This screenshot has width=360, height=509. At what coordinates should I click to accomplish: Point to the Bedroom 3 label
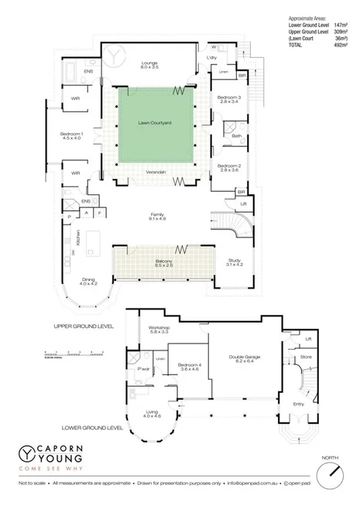[x=229, y=98]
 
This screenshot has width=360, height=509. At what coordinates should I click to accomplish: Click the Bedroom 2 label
[x=229, y=169]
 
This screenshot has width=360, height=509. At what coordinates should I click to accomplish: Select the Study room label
[x=234, y=263]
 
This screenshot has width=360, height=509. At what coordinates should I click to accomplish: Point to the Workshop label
[x=159, y=330]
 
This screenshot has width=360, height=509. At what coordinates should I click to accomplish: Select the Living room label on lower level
[x=152, y=415]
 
